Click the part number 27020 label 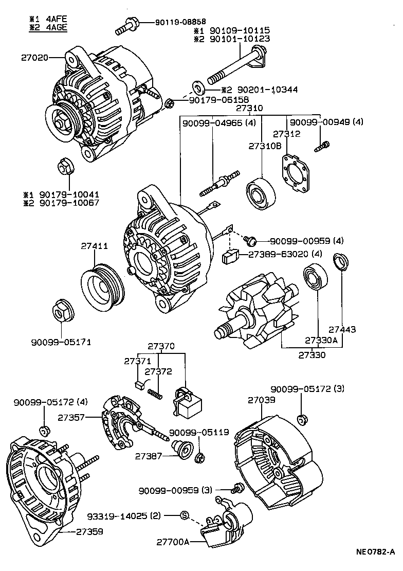(34, 58)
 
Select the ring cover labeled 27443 (341, 262)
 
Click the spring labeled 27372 (155, 394)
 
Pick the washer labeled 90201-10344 (197, 85)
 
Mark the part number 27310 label (249, 109)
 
